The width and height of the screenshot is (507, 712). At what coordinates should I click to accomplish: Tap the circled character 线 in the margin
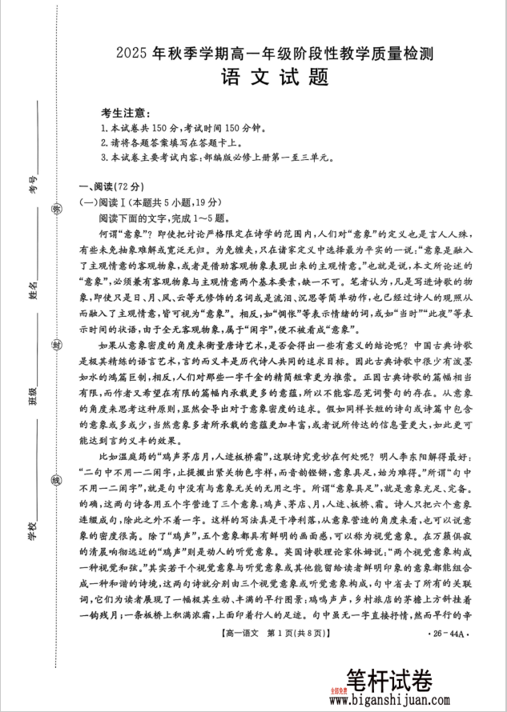tap(56, 482)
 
